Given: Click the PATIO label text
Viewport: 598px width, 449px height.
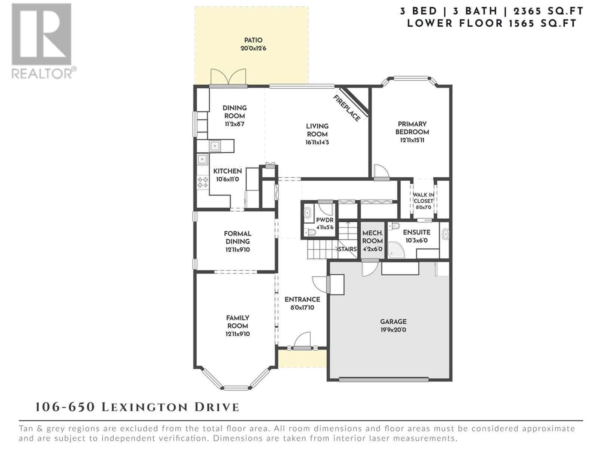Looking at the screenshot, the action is point(253,40).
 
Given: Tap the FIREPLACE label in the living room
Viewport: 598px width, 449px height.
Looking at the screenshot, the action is point(347,108).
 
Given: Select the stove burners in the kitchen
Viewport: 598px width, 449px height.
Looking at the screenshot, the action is point(203,182).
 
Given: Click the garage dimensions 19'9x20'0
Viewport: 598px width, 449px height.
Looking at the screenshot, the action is point(393,330).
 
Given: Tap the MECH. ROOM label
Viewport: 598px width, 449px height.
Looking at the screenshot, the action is point(372,237).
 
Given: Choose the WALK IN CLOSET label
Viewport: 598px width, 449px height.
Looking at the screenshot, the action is point(423,198).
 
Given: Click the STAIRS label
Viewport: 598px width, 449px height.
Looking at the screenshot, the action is point(347,249).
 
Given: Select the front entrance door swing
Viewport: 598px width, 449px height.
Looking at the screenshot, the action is point(302,340).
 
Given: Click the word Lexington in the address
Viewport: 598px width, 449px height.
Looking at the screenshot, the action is point(145,407).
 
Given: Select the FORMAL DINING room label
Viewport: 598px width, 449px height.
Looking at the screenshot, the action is point(238,238).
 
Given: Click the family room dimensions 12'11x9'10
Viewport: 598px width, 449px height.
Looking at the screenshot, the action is point(238,334).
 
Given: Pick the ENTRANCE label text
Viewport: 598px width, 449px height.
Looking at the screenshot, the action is point(302,299).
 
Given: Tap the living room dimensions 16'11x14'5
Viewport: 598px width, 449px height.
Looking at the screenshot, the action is point(317,142).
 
